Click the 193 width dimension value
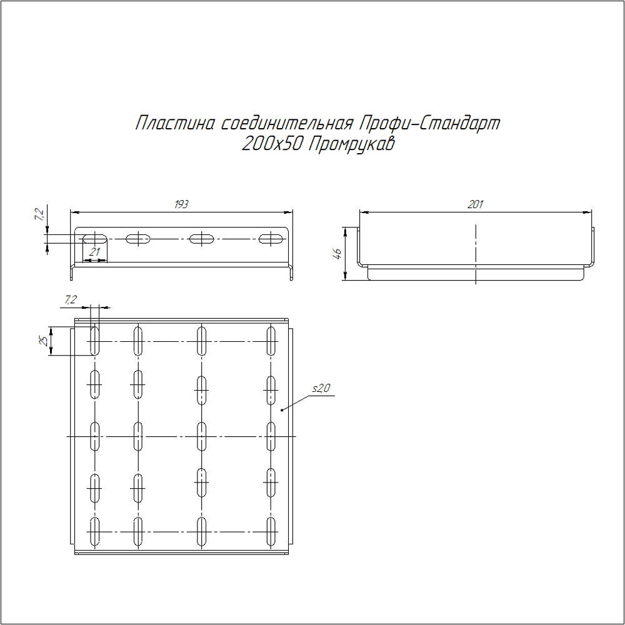point(181,204)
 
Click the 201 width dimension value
point(475,204)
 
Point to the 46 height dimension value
point(337,254)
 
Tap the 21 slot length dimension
point(94,252)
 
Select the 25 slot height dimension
point(43,341)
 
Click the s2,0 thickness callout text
point(321,388)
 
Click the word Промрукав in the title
point(351,144)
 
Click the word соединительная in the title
point(287,123)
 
